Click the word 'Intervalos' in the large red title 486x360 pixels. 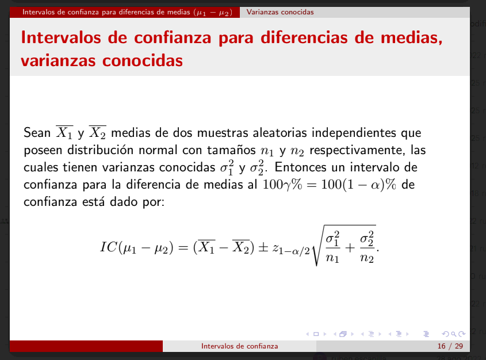tap(61, 37)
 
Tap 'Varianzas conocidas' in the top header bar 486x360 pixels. tap(280, 12)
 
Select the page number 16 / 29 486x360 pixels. tap(450, 346)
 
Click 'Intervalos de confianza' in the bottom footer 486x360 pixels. tap(240, 346)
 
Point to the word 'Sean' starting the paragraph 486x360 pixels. tap(37, 133)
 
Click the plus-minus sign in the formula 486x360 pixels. tap(263, 247)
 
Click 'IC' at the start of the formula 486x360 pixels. tap(109, 247)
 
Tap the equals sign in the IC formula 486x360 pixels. tap(183, 248)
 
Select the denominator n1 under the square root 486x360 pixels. tap(332, 258)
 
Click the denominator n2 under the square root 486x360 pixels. tap(367, 258)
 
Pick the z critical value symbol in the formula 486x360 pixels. tap(291, 249)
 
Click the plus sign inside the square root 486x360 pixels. tap(350, 247)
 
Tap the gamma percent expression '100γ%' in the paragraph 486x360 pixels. tap(282, 185)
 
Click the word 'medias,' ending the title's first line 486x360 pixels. tap(412, 38)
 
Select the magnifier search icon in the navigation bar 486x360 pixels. tap(453, 334)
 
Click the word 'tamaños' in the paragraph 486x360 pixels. tap(231, 150)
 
